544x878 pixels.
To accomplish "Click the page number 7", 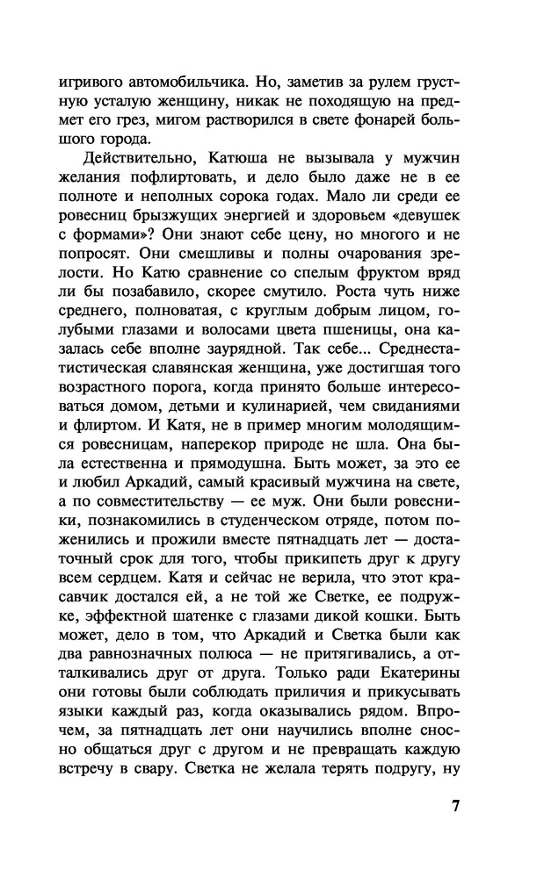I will pos(455,807).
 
